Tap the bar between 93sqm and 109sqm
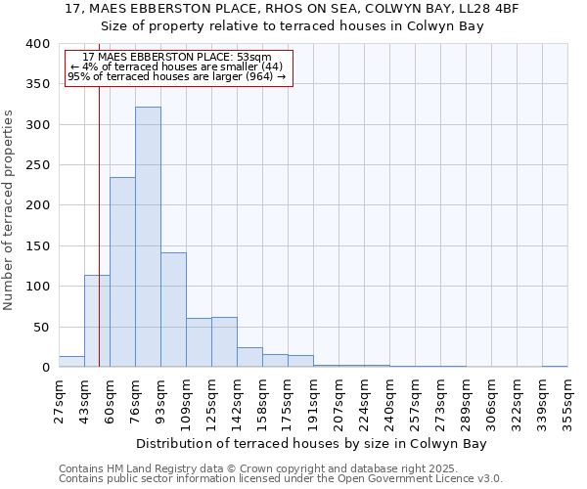pyautogui.click(x=173, y=309)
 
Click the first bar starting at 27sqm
pyautogui.click(x=71, y=362)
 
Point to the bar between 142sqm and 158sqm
pyautogui.click(x=249, y=357)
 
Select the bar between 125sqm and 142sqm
pyautogui.click(x=224, y=342)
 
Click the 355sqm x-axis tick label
pyautogui.click(x=567, y=400)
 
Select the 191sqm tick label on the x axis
pyautogui.click(x=313, y=400)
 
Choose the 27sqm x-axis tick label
pyautogui.click(x=59, y=398)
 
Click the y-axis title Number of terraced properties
pyautogui.click(x=10, y=209)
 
